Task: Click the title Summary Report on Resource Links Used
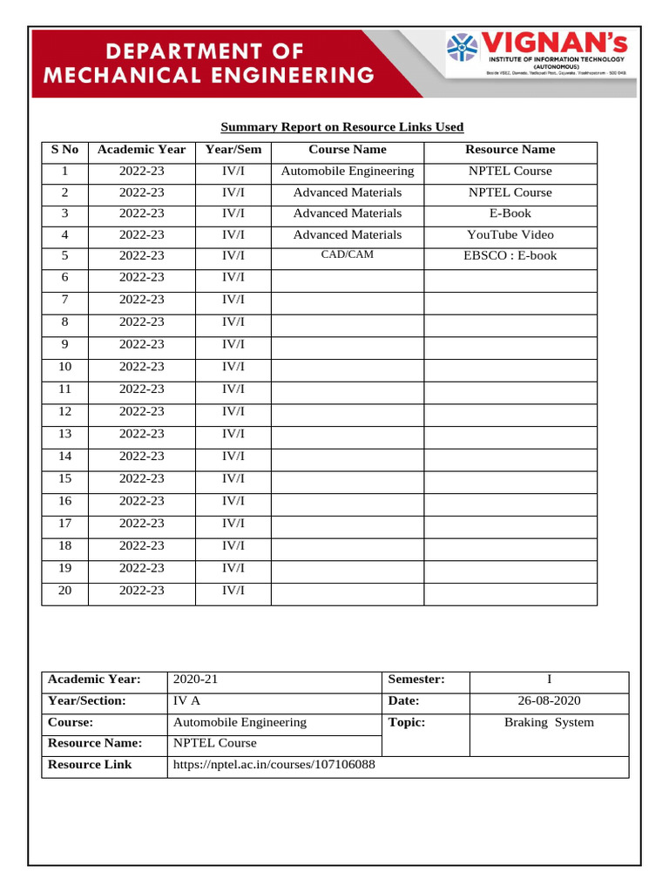[x=341, y=127]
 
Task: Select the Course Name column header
[x=347, y=150]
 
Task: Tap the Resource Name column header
[x=510, y=150]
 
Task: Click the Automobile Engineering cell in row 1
[x=347, y=172]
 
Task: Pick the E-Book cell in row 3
[x=510, y=213]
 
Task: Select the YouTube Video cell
[x=510, y=235]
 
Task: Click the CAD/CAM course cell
[x=347, y=255]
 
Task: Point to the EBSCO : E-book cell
[x=510, y=256]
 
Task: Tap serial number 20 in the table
[x=64, y=591]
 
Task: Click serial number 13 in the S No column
[x=64, y=434]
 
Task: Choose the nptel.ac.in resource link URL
[x=274, y=765]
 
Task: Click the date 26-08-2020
[x=549, y=700]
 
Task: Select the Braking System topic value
[x=549, y=722]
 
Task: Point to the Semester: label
[x=416, y=679]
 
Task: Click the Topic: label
[x=407, y=722]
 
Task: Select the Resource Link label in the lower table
[x=90, y=765]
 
